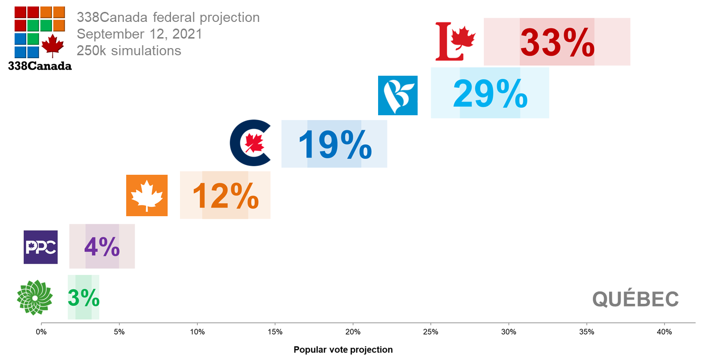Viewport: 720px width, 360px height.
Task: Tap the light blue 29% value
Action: pyautogui.click(x=490, y=94)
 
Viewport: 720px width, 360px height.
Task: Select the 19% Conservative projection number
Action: pyautogui.click(x=335, y=144)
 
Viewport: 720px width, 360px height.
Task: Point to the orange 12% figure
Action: pyautogui.click(x=225, y=195)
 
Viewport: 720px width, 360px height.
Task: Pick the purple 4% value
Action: pyautogui.click(x=102, y=247)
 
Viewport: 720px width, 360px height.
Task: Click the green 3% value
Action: pyautogui.click(x=83, y=298)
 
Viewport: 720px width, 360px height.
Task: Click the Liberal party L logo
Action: pyautogui.click(x=455, y=41)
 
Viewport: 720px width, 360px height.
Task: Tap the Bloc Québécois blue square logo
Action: pyautogui.click(x=398, y=95)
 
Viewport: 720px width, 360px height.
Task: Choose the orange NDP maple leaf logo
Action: pyautogui.click(x=147, y=195)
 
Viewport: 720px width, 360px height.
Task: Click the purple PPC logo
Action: pyautogui.click(x=40, y=247)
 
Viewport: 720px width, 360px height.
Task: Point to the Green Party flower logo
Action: pyautogui.click(x=34, y=298)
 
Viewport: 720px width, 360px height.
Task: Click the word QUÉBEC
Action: pyautogui.click(x=635, y=300)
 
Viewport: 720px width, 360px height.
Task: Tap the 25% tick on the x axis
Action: pyautogui.click(x=430, y=331)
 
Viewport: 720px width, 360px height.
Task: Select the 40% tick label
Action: pyautogui.click(x=664, y=331)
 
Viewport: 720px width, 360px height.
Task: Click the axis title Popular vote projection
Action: pyautogui.click(x=343, y=350)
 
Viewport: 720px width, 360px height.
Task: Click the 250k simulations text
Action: pyautogui.click(x=129, y=50)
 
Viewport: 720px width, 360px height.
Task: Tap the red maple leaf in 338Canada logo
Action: pyautogui.click(x=52, y=45)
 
